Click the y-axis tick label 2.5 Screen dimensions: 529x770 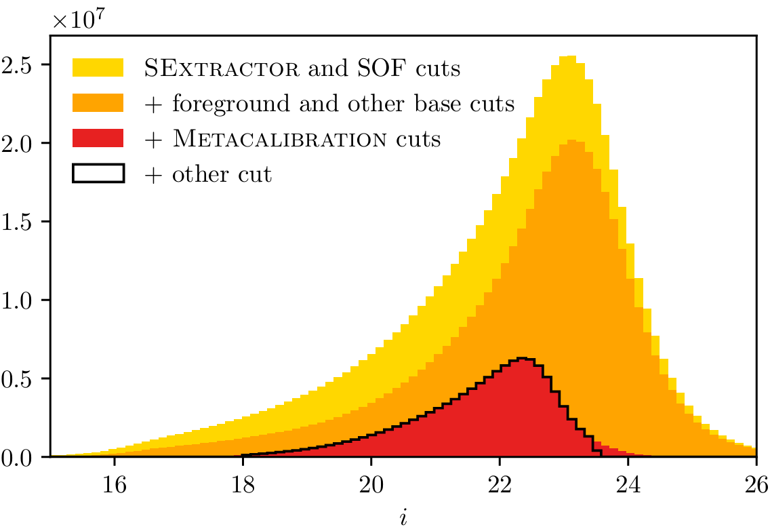(x=20, y=65)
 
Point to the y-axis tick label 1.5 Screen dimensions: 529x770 (x=20, y=222)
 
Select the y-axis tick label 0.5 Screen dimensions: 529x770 (x=20, y=378)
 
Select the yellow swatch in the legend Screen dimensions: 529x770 (x=98, y=68)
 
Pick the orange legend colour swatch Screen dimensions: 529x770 (x=98, y=103)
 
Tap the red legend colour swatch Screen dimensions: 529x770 (x=98, y=139)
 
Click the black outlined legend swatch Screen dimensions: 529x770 (x=98, y=174)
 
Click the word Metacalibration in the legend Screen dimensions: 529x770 (x=264, y=139)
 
